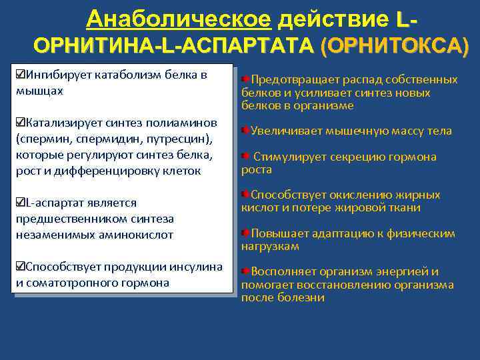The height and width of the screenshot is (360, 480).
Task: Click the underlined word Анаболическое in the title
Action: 178,19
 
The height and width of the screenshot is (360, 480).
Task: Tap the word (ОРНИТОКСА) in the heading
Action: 395,46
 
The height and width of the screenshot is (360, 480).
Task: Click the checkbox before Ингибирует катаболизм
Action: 21,74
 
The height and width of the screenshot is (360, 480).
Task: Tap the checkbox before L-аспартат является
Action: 21,202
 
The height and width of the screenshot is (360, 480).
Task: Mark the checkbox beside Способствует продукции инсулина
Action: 21,267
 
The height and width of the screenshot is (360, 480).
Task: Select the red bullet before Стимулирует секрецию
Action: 247,157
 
